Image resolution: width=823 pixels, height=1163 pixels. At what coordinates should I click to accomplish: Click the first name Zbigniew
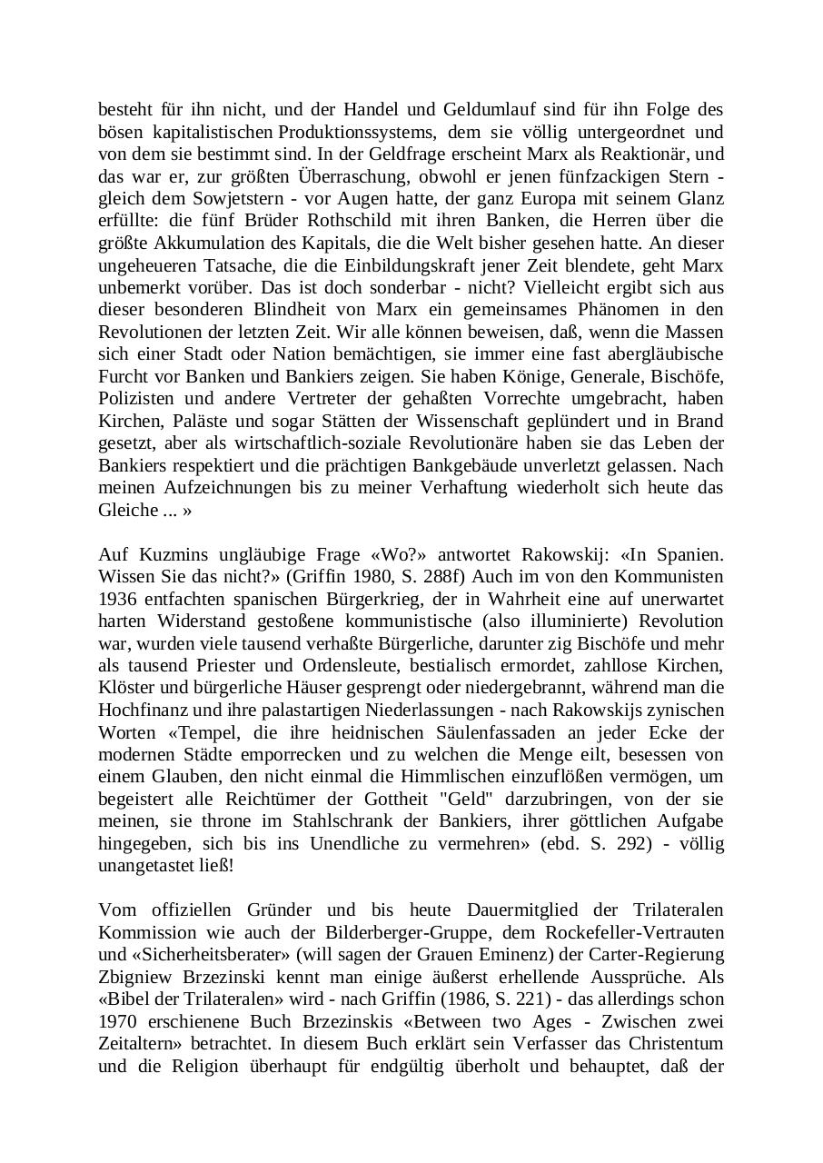[135, 977]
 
